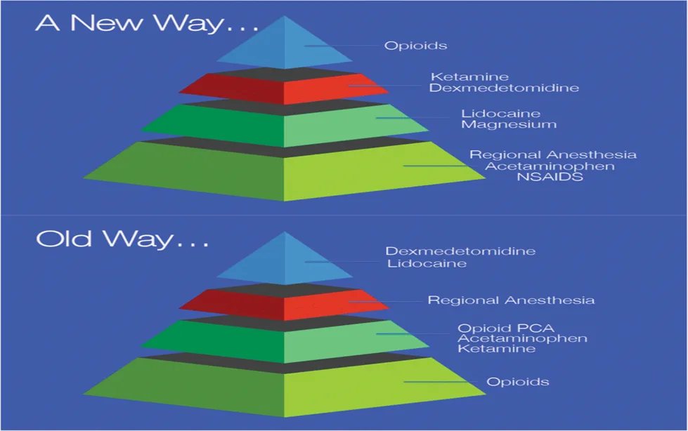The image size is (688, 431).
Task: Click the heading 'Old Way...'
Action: (122, 239)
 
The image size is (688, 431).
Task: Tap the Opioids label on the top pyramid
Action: (415, 46)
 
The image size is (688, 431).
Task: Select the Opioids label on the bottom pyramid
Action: (518, 382)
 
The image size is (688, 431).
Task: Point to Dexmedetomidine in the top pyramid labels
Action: (504, 88)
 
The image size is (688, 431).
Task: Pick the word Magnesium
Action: (509, 124)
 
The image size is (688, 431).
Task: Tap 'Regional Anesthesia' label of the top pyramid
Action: (553, 154)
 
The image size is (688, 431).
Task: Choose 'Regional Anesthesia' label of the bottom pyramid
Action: (511, 300)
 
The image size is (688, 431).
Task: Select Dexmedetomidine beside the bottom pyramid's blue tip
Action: (460, 251)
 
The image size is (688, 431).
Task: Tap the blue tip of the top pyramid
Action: (285, 46)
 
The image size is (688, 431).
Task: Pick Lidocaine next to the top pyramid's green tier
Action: (491, 113)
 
